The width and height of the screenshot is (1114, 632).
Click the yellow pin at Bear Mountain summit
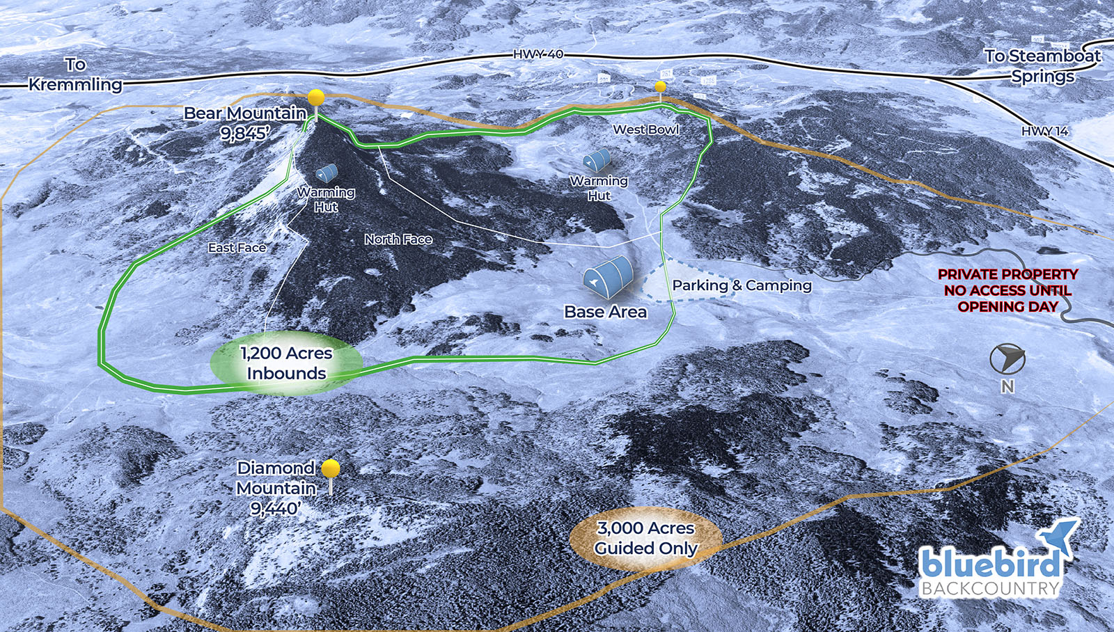pyautogui.click(x=316, y=97)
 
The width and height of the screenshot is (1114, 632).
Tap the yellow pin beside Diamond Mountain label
pyautogui.click(x=331, y=468)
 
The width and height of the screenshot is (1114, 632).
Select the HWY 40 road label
pyautogui.click(x=538, y=54)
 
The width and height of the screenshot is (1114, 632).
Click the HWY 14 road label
pyautogui.click(x=1044, y=131)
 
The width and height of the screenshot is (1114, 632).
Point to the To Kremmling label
pyautogui.click(x=75, y=74)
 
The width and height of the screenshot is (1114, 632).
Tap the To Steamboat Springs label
pyautogui.click(x=1042, y=65)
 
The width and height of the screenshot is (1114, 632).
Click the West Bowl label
pyautogui.click(x=645, y=129)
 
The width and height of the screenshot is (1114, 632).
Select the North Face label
pyautogui.click(x=398, y=239)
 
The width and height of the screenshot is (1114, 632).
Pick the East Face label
pyautogui.click(x=237, y=248)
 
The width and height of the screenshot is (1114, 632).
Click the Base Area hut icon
pyautogui.click(x=607, y=277)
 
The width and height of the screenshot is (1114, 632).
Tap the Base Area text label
pyautogui.click(x=605, y=312)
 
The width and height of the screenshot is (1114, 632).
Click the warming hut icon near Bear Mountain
pyautogui.click(x=327, y=173)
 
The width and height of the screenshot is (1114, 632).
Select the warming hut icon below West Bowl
pyautogui.click(x=597, y=160)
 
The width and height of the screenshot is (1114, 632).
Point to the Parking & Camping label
pyautogui.click(x=742, y=285)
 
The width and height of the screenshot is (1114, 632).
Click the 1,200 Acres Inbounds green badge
pyautogui.click(x=286, y=363)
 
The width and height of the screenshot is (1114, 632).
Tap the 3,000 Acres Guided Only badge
pyautogui.click(x=645, y=539)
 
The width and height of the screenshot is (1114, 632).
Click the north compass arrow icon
pyautogui.click(x=1007, y=358)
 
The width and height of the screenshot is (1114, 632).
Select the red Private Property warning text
pyautogui.click(x=1007, y=290)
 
